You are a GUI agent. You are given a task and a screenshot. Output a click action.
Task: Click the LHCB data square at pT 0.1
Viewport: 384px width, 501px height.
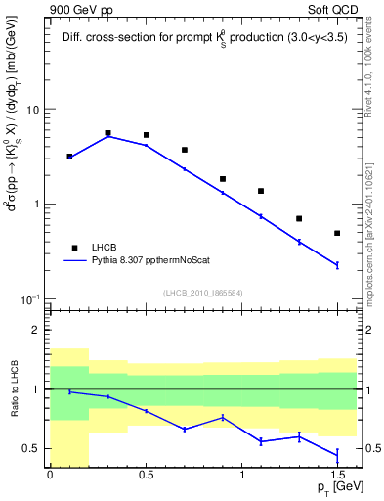(69, 157)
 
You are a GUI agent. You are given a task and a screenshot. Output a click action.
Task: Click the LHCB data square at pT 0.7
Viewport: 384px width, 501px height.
(185, 150)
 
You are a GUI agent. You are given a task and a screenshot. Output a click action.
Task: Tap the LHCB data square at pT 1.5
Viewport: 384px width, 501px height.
(337, 233)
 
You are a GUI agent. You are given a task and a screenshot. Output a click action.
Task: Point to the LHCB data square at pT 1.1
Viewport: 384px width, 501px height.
(261, 191)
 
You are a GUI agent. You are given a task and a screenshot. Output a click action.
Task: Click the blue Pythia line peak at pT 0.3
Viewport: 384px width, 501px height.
(107, 136)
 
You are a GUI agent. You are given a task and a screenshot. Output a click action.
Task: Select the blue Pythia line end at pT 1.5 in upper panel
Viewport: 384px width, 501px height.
(337, 265)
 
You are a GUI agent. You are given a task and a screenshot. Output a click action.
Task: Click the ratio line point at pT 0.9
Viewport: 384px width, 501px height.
(223, 418)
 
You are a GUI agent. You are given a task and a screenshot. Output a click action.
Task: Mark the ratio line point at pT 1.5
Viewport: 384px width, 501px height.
(337, 454)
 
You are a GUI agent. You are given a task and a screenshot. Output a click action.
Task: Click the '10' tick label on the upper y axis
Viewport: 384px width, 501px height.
(34, 110)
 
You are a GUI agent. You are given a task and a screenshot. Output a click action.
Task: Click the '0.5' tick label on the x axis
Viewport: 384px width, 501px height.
(146, 475)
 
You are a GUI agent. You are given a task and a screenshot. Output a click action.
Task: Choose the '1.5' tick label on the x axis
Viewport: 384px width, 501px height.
(337, 475)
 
